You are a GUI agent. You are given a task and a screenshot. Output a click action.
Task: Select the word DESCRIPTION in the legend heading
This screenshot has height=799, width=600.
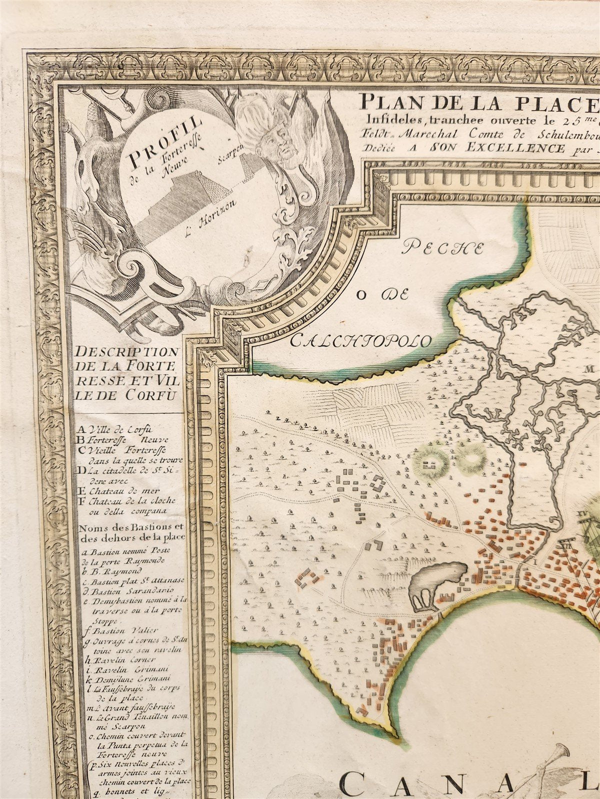[127, 352]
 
